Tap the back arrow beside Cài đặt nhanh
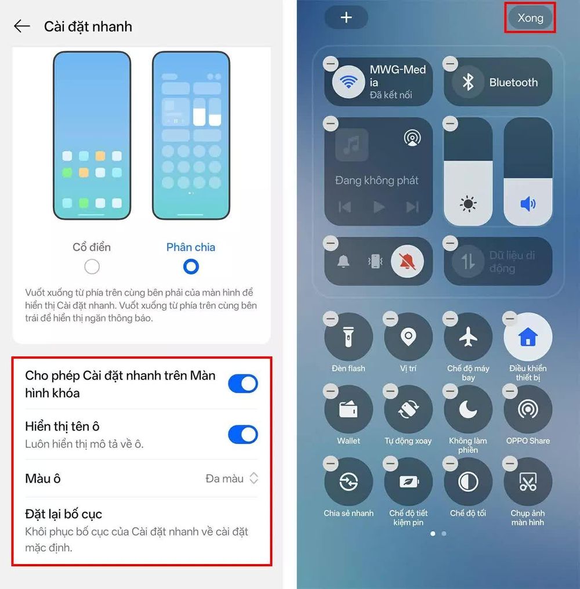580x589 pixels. [22, 26]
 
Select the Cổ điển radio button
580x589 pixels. [92, 267]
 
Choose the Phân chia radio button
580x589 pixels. [191, 267]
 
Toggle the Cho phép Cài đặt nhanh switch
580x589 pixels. [243, 384]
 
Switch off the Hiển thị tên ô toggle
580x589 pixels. [243, 435]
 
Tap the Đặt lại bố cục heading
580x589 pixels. [63, 514]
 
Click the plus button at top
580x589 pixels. [346, 17]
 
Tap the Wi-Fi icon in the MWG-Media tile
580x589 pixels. [349, 81]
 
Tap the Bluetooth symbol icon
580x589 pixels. [467, 82]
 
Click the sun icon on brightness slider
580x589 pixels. [468, 204]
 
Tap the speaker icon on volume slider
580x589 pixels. [528, 204]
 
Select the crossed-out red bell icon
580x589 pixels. [407, 262]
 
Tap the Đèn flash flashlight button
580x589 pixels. [349, 337]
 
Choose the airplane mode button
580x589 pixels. [468, 337]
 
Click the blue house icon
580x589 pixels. [528, 337]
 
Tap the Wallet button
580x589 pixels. [349, 410]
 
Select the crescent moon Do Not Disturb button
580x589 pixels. [468, 410]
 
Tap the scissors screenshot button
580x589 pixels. [528, 482]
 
